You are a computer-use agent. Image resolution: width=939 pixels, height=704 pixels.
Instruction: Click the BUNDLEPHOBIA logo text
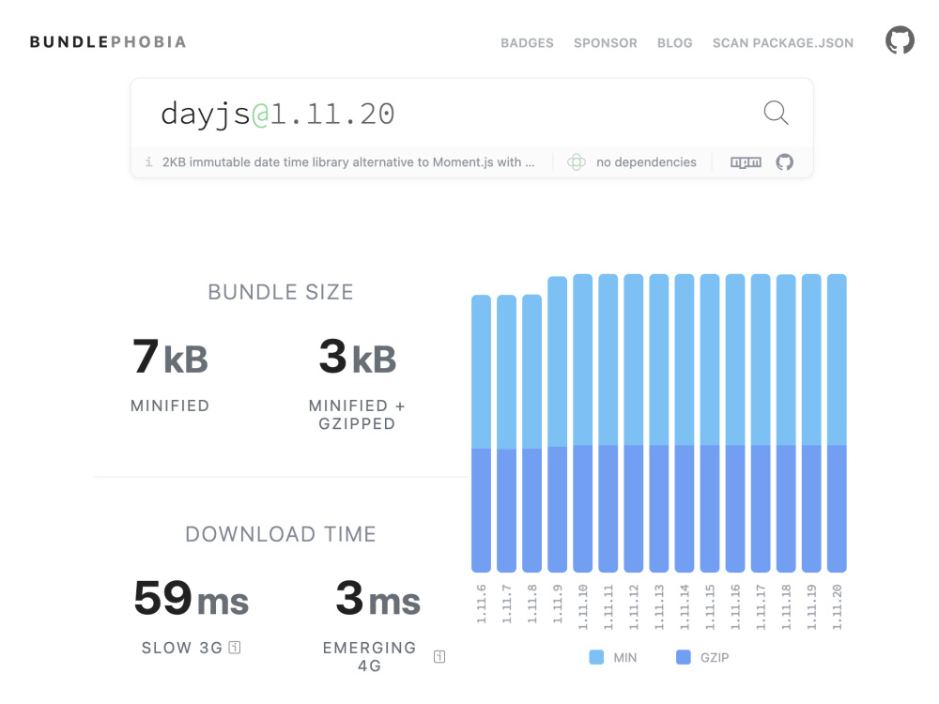coord(108,42)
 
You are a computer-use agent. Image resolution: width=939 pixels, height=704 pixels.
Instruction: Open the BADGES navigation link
coord(527,43)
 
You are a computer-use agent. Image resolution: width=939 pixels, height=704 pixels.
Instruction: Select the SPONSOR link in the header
coord(606,43)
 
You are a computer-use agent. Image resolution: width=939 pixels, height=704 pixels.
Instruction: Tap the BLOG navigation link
coord(675,43)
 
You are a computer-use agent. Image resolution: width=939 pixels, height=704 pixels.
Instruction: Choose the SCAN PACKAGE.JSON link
coord(783,43)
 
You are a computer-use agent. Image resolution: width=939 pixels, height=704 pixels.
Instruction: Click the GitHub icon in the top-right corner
coord(901,40)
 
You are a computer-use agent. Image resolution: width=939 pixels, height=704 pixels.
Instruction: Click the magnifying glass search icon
coord(777,113)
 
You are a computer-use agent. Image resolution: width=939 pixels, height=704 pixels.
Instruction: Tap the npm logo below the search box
coord(747,162)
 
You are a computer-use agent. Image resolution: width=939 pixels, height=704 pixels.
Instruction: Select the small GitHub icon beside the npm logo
coord(784,162)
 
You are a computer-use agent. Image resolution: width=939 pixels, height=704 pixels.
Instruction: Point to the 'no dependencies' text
coord(646,162)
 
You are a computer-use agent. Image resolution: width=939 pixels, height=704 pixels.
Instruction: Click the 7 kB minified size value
coord(170,357)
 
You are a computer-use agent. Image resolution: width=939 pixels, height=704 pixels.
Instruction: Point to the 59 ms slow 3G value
coord(191,598)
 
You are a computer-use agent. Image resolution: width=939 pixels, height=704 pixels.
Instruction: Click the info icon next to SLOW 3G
coord(235,647)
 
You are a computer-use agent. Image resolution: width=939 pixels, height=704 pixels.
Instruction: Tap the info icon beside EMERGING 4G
coord(439,657)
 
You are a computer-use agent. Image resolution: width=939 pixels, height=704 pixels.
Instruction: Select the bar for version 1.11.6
coord(482,434)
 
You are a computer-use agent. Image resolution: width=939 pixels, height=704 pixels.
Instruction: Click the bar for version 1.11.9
coord(558,424)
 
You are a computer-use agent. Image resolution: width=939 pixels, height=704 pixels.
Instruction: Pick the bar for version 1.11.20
coord(838,422)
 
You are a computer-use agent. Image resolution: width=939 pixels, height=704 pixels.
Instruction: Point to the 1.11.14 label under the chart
coord(685,607)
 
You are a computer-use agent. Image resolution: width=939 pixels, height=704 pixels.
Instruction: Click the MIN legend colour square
coord(596,657)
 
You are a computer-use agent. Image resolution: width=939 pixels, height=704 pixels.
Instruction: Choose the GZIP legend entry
coord(702,657)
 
